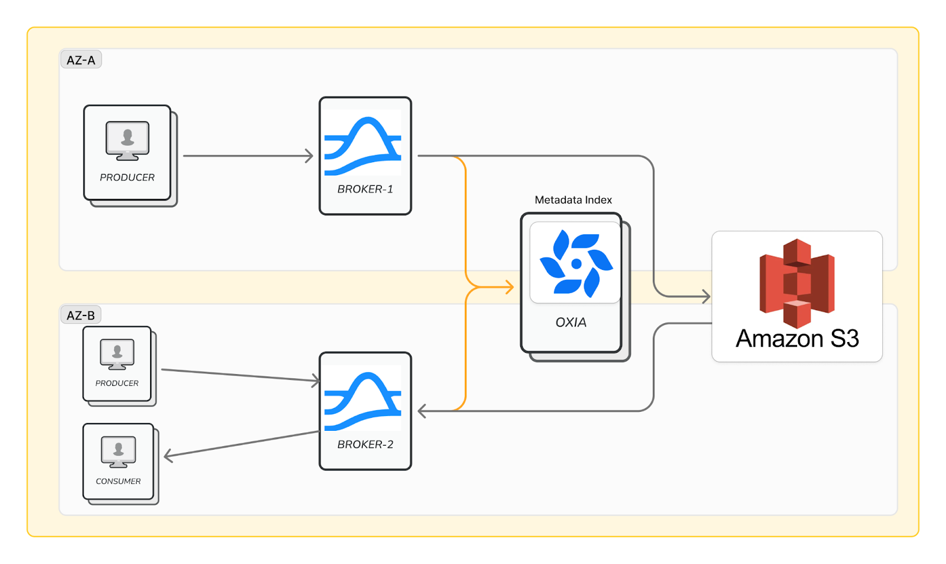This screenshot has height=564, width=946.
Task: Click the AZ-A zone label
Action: click(81, 60)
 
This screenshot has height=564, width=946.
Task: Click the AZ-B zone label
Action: click(81, 315)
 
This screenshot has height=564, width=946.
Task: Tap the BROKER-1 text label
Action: click(365, 189)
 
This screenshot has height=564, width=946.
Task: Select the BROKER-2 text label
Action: click(365, 444)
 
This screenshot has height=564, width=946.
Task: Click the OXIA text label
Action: click(571, 323)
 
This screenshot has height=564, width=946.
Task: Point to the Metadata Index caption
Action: click(573, 200)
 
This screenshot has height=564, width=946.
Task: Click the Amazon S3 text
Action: click(797, 339)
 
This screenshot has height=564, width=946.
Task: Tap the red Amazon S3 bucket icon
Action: click(797, 282)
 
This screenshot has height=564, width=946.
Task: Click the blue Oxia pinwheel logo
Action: click(576, 263)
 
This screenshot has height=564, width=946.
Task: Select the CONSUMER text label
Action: click(118, 481)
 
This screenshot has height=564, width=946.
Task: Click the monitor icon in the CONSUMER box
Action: click(118, 452)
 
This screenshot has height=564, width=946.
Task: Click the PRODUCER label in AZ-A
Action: click(127, 178)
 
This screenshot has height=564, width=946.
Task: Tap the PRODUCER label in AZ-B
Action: click(117, 383)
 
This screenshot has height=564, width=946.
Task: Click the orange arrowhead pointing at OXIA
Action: click(509, 288)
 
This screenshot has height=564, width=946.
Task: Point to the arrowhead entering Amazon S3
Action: click(705, 296)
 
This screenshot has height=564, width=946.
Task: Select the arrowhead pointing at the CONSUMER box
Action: click(169, 455)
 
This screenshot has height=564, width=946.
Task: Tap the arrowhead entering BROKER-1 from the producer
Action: click(309, 156)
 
